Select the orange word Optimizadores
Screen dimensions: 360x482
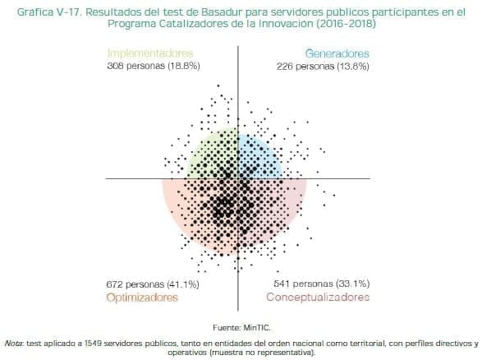point(142,297)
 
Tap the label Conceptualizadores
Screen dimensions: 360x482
point(318,297)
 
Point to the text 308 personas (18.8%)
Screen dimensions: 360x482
point(154,65)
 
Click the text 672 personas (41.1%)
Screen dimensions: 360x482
point(154,284)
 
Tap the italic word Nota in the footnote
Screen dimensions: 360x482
point(14,343)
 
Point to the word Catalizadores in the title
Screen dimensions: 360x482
point(200,25)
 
